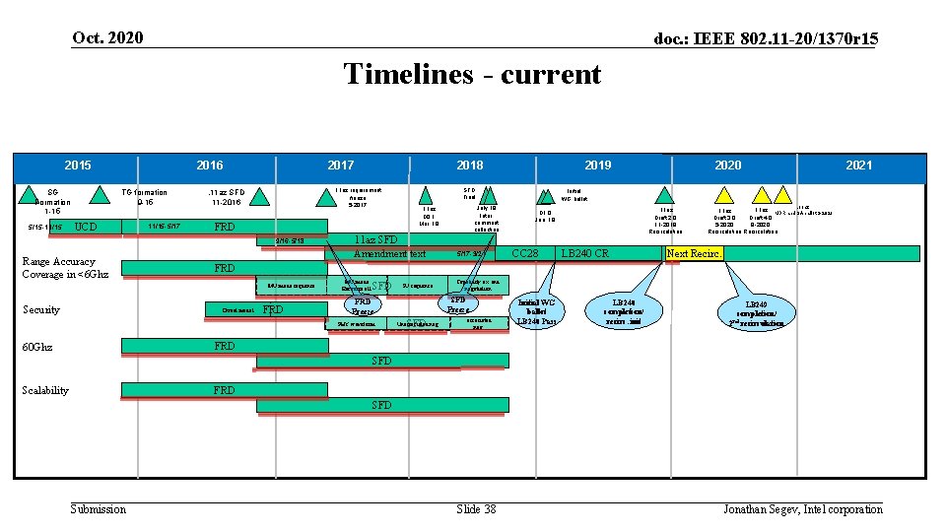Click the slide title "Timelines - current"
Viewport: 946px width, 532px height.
tap(472, 74)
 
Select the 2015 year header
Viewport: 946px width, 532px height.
tap(78, 165)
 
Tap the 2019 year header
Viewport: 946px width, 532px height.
tap(597, 165)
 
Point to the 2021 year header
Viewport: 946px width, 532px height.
tap(858, 165)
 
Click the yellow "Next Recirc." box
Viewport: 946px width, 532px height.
tap(694, 254)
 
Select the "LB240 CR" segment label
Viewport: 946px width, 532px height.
tap(584, 254)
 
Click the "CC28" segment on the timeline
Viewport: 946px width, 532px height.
tap(525, 254)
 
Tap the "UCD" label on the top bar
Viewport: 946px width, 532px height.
tap(86, 227)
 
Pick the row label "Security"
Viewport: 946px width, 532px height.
tap(41, 309)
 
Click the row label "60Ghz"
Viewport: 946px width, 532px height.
tap(38, 347)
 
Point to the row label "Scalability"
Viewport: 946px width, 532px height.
tap(45, 390)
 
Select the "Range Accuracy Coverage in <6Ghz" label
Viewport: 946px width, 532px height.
tap(58, 268)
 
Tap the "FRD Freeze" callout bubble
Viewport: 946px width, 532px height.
tap(362, 306)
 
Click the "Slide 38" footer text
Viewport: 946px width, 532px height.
tap(476, 508)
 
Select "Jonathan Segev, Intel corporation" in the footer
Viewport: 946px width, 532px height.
tap(802, 508)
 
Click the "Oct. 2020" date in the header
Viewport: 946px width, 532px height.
tap(107, 37)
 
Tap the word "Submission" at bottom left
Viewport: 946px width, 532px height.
tap(99, 508)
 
